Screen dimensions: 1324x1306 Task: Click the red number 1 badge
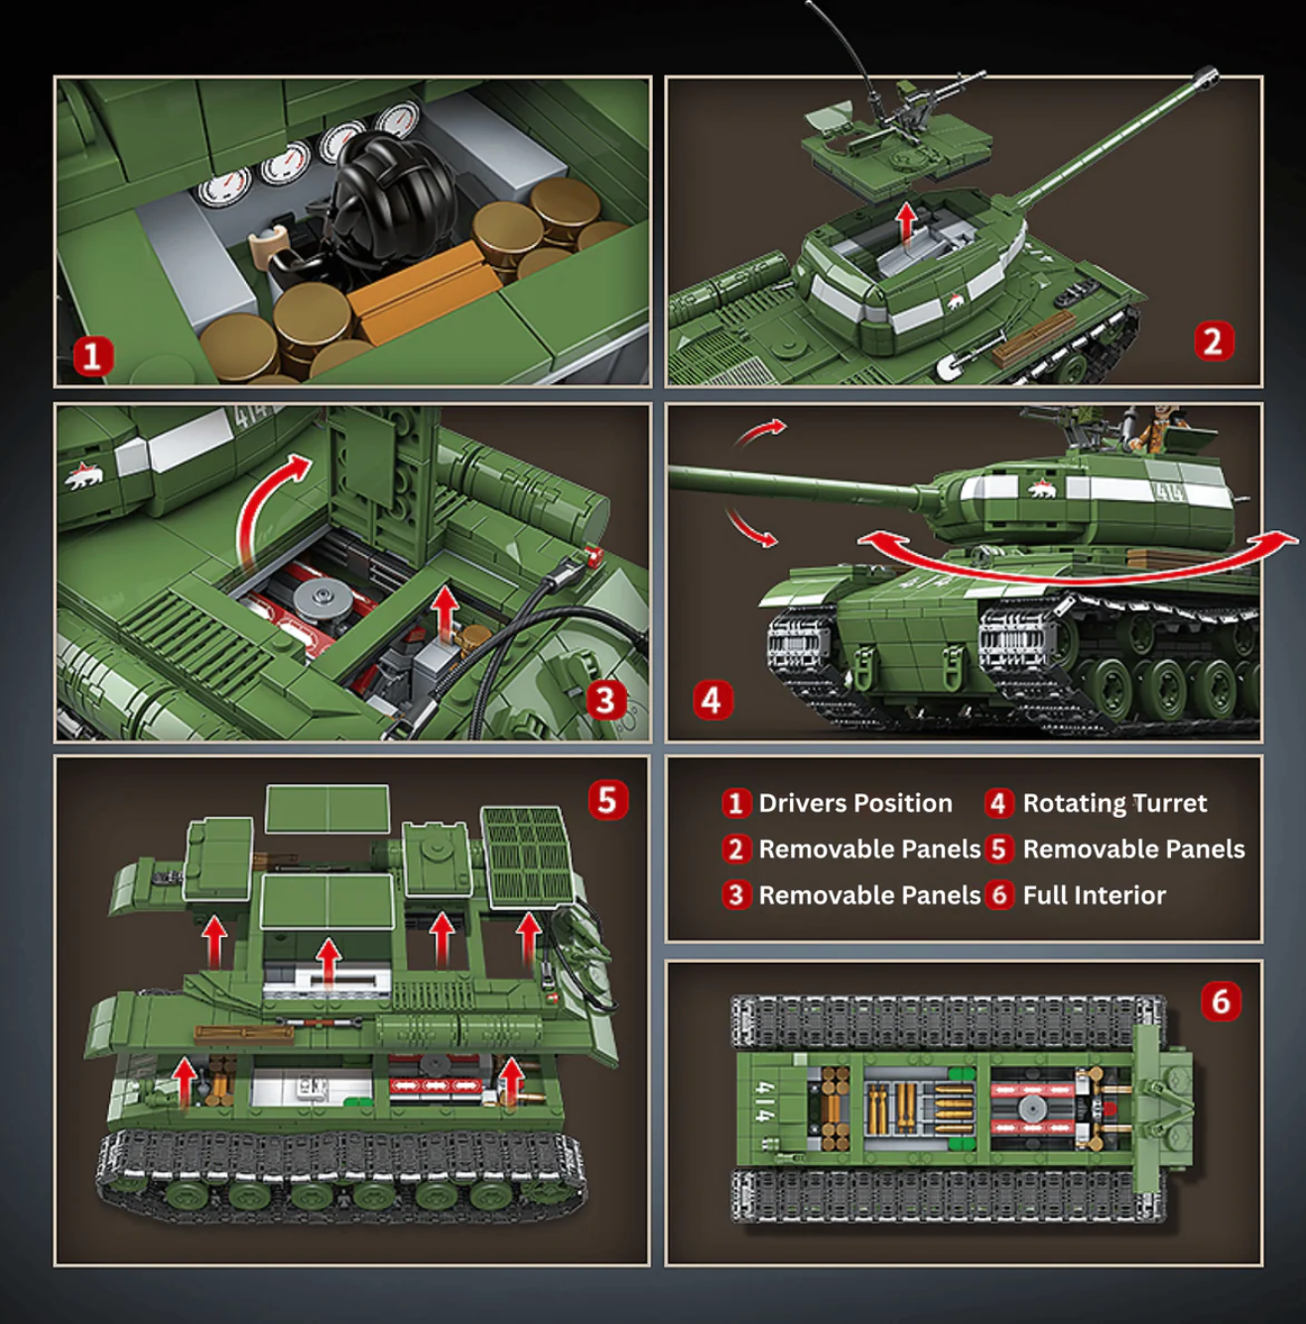pyautogui.click(x=93, y=355)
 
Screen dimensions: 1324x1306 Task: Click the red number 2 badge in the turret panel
pyautogui.click(x=1213, y=341)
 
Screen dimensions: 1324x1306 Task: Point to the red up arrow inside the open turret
pyautogui.click(x=905, y=219)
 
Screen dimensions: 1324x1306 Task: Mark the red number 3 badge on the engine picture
pyautogui.click(x=605, y=701)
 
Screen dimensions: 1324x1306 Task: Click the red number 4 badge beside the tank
pyautogui.click(x=712, y=701)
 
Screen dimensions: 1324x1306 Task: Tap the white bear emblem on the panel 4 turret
pyautogui.click(x=1041, y=488)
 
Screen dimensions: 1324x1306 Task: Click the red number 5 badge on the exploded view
pyautogui.click(x=607, y=800)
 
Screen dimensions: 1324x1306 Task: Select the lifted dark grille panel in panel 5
pyautogui.click(x=528, y=856)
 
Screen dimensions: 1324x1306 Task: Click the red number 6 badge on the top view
pyautogui.click(x=1221, y=1001)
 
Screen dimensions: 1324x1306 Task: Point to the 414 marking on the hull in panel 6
pyautogui.click(x=764, y=1101)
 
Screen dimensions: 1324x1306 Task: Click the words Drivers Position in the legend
pyautogui.click(x=854, y=803)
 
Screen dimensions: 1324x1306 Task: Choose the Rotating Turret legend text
pyautogui.click(x=1113, y=803)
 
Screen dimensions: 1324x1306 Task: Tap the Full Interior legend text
pyautogui.click(x=1094, y=895)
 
